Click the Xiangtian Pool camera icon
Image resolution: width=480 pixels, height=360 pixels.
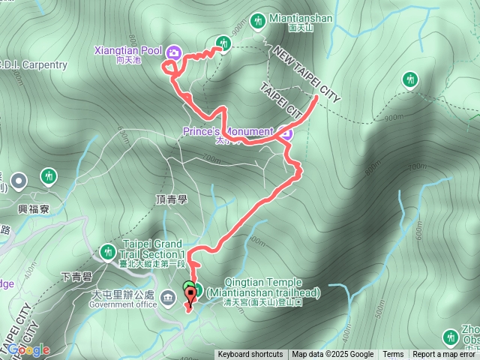[x=174, y=52]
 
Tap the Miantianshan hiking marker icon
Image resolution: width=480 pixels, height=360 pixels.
[x=259, y=20]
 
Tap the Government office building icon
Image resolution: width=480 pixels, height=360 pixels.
[x=166, y=300]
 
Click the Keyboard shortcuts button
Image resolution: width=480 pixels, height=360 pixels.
[x=250, y=355]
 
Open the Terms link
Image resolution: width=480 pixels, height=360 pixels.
[x=393, y=355]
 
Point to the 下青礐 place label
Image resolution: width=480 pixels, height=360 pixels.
[x=75, y=277]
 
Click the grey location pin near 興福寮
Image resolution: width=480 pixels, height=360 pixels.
[x=18, y=180]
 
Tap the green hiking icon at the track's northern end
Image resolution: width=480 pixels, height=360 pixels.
[x=223, y=43]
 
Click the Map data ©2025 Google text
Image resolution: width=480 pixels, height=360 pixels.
[x=332, y=355]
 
